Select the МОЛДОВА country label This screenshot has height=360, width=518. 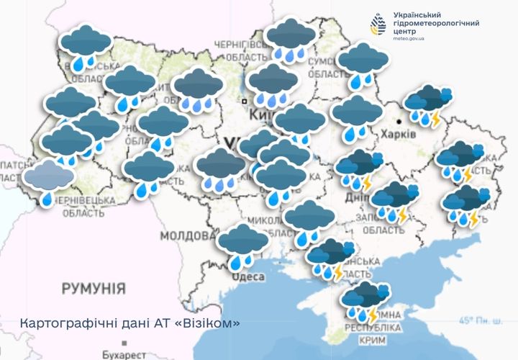point(183,235)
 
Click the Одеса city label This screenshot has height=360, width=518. point(247,276)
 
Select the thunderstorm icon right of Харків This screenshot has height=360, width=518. point(427,105)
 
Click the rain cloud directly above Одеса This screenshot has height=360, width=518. point(243,243)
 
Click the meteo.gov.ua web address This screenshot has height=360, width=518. point(409,37)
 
